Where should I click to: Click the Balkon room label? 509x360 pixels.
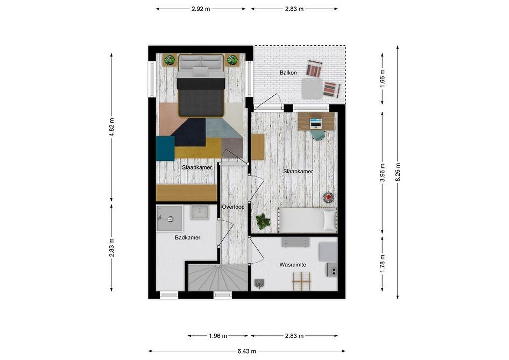(288, 73)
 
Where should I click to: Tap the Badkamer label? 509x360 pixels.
(187, 237)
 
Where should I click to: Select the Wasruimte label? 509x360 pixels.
(293, 265)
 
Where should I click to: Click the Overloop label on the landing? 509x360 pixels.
(233, 207)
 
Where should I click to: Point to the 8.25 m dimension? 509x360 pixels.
(398, 172)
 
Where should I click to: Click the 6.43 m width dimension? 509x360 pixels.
(247, 351)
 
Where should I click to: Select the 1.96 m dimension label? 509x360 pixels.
(218, 336)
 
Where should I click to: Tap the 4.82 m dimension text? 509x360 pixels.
(111, 127)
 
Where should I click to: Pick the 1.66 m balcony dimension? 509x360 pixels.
(382, 78)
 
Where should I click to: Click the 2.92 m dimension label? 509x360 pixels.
(201, 9)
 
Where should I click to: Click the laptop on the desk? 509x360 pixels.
(316, 124)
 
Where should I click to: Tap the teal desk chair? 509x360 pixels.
(318, 135)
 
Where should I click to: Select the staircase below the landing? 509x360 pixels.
(218, 277)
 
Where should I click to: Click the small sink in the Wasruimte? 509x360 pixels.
(259, 284)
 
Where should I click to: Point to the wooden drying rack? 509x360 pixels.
(301, 282)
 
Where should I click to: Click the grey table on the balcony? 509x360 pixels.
(312, 89)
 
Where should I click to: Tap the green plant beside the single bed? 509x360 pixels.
(263, 221)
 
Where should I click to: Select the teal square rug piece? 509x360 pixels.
(165, 148)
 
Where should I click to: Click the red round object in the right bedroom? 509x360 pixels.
(328, 197)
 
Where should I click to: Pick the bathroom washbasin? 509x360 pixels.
(200, 212)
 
